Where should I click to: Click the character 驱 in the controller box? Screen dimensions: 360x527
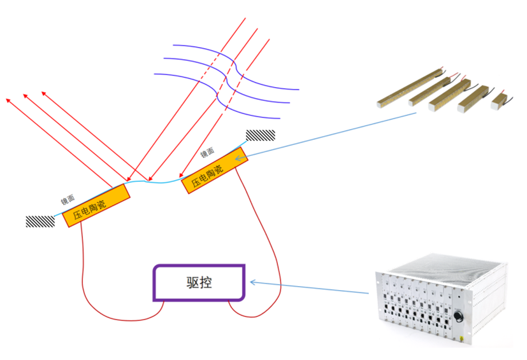click(191, 283)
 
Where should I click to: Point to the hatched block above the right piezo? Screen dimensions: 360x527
click(260, 135)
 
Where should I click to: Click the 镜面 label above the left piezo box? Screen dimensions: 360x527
click(68, 200)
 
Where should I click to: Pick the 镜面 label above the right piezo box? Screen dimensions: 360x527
click(207, 152)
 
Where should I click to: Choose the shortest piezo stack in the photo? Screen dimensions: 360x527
click(501, 99)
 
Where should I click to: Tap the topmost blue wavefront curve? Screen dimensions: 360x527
click(229, 54)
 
